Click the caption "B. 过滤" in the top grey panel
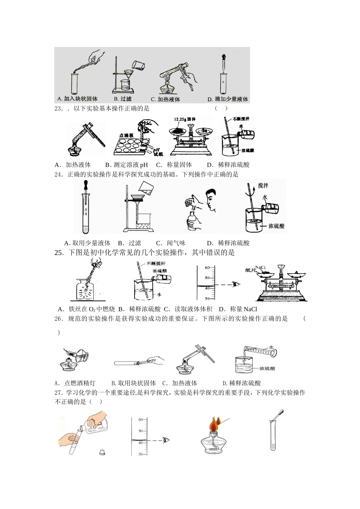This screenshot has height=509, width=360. pos(122,99)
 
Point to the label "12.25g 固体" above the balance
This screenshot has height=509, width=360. pos(185,119)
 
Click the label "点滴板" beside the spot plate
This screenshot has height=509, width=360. pos(126,135)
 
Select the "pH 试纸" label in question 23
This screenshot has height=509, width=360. pos(158,151)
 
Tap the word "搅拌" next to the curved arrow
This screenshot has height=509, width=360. pos(263,185)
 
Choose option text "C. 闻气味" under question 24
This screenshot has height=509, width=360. pos(171,243)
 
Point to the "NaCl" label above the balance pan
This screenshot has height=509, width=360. pos(260,268)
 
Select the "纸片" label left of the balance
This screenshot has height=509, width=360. pos(250,270)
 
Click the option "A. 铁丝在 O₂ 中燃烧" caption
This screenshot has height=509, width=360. pos(86,309)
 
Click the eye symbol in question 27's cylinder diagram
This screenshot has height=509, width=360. pos(166,440)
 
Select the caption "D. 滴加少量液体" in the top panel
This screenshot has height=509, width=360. pos(228,99)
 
